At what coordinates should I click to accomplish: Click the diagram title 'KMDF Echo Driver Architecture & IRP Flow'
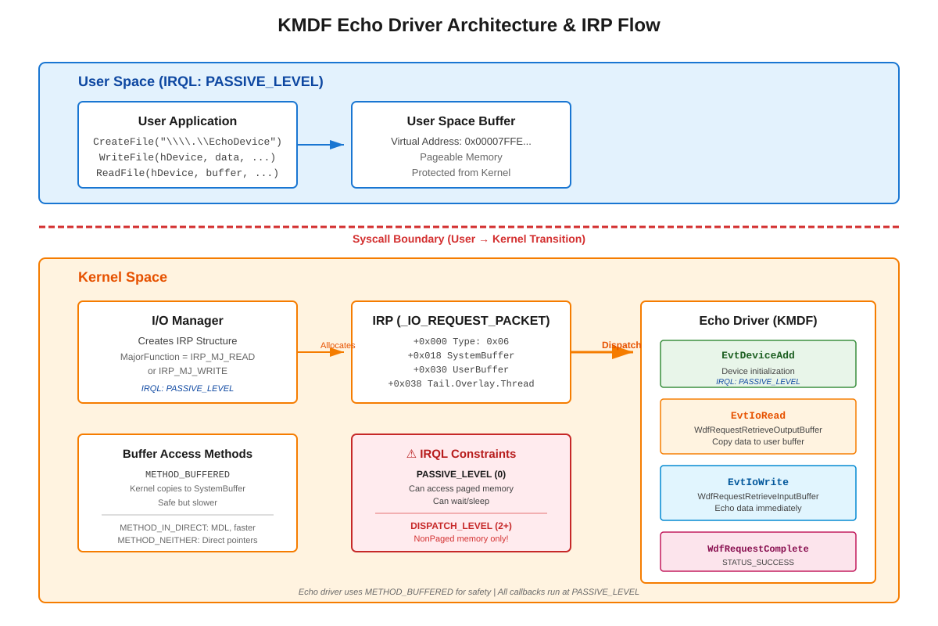tap(469, 25)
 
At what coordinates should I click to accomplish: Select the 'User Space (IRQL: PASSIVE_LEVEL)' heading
tap(200, 81)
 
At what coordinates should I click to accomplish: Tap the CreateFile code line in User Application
tap(188, 142)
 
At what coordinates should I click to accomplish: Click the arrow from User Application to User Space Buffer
tap(321, 145)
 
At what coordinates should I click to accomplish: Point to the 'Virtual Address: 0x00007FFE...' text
tap(461, 142)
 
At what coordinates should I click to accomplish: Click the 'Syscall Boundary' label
tap(469, 239)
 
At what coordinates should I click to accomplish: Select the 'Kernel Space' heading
tap(123, 277)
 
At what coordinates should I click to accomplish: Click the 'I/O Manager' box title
tap(188, 321)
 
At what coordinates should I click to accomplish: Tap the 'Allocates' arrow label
tap(338, 345)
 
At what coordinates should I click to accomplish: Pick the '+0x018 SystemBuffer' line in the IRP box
tap(461, 356)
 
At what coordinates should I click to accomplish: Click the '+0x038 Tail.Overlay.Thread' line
tap(461, 384)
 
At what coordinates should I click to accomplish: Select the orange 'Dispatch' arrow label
tap(621, 345)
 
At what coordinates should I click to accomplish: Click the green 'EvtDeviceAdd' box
tap(758, 364)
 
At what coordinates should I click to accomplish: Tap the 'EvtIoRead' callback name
tap(758, 416)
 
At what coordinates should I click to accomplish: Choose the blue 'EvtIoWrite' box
tap(758, 493)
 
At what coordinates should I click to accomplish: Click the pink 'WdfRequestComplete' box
tap(758, 552)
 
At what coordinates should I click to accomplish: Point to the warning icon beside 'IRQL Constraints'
tap(411, 454)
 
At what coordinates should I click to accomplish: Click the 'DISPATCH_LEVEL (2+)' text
tap(461, 526)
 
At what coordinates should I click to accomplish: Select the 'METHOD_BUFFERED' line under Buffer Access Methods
tap(188, 475)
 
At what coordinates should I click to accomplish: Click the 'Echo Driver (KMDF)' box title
tap(758, 321)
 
